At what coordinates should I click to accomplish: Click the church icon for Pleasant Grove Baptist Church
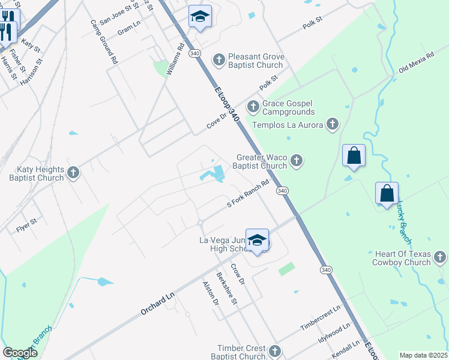coord(219,59)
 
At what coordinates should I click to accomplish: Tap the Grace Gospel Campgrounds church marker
coord(253,107)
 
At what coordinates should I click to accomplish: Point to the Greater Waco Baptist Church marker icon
coord(296,161)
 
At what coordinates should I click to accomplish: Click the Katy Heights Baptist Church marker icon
coord(73,173)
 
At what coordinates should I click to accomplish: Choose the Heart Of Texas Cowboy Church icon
coord(440,258)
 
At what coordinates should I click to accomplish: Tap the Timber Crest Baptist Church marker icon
coord(275,351)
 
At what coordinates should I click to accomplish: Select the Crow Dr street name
coord(238,273)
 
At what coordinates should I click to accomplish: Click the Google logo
coord(20,353)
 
